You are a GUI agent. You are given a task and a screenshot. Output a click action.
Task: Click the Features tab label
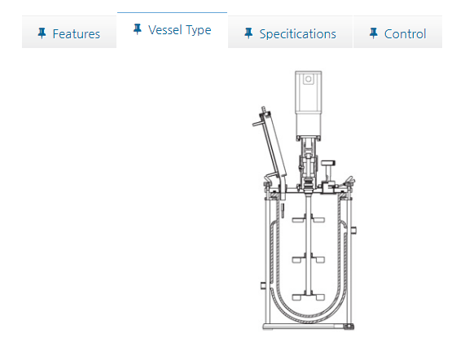[x=77, y=34]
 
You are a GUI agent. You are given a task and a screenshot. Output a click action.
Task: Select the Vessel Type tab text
[x=180, y=30]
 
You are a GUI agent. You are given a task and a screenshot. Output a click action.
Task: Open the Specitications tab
[x=297, y=34]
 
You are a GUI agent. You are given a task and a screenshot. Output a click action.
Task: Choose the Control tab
[x=405, y=34]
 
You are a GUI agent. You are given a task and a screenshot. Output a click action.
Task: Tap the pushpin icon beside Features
[x=42, y=33]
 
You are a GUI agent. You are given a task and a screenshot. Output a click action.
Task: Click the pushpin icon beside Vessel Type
[x=138, y=29]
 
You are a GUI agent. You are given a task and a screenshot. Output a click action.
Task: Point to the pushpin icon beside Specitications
[x=248, y=33]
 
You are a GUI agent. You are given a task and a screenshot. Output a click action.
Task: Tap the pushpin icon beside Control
[x=374, y=33]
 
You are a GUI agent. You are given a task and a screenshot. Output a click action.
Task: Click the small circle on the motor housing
[x=309, y=79]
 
